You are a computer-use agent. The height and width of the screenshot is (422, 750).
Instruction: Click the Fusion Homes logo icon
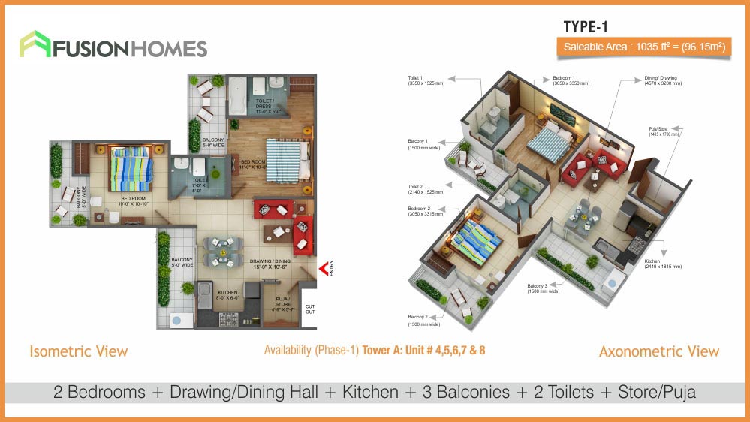34,46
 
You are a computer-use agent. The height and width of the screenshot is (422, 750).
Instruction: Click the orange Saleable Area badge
645,47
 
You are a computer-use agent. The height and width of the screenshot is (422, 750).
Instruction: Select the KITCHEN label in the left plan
227,294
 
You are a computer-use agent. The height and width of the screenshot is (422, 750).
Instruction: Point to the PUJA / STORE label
282,302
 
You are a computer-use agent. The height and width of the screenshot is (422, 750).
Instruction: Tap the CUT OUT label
309,310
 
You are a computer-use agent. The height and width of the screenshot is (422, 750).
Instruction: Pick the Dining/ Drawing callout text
663,80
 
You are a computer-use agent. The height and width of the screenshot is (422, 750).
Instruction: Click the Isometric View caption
78,351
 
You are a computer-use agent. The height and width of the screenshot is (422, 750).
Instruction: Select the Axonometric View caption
658,351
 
